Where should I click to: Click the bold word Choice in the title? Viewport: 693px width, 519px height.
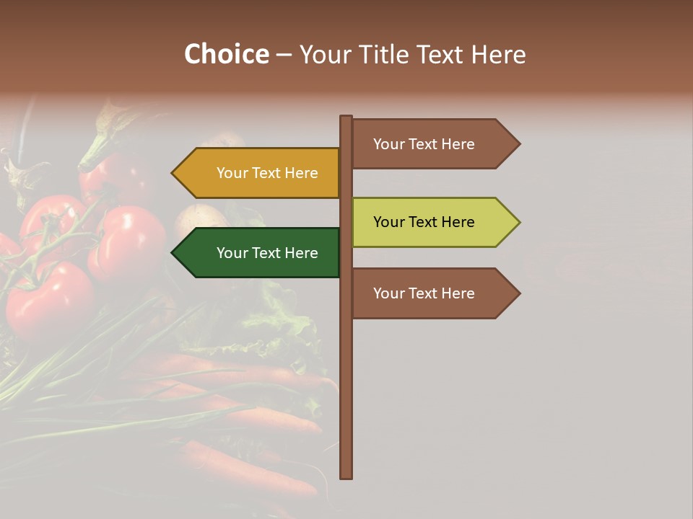coord(226,54)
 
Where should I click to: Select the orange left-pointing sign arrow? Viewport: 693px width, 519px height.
coord(256,173)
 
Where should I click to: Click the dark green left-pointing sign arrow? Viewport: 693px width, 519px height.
coord(256,253)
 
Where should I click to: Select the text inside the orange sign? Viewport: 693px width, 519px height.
coord(267,173)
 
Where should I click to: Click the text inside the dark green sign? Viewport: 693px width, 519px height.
coord(267,253)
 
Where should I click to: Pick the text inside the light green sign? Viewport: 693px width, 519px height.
coord(424,222)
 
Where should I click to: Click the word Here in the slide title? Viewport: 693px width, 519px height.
coord(498,54)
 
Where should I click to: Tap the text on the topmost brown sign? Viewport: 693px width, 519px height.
coord(424,144)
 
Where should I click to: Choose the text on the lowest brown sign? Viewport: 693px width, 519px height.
coord(424,293)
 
